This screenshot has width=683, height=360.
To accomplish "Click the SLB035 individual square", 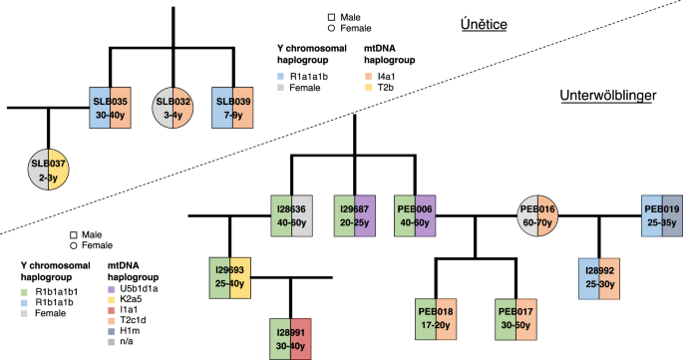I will [109, 109].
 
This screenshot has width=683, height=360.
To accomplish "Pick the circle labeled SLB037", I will [49, 171].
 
